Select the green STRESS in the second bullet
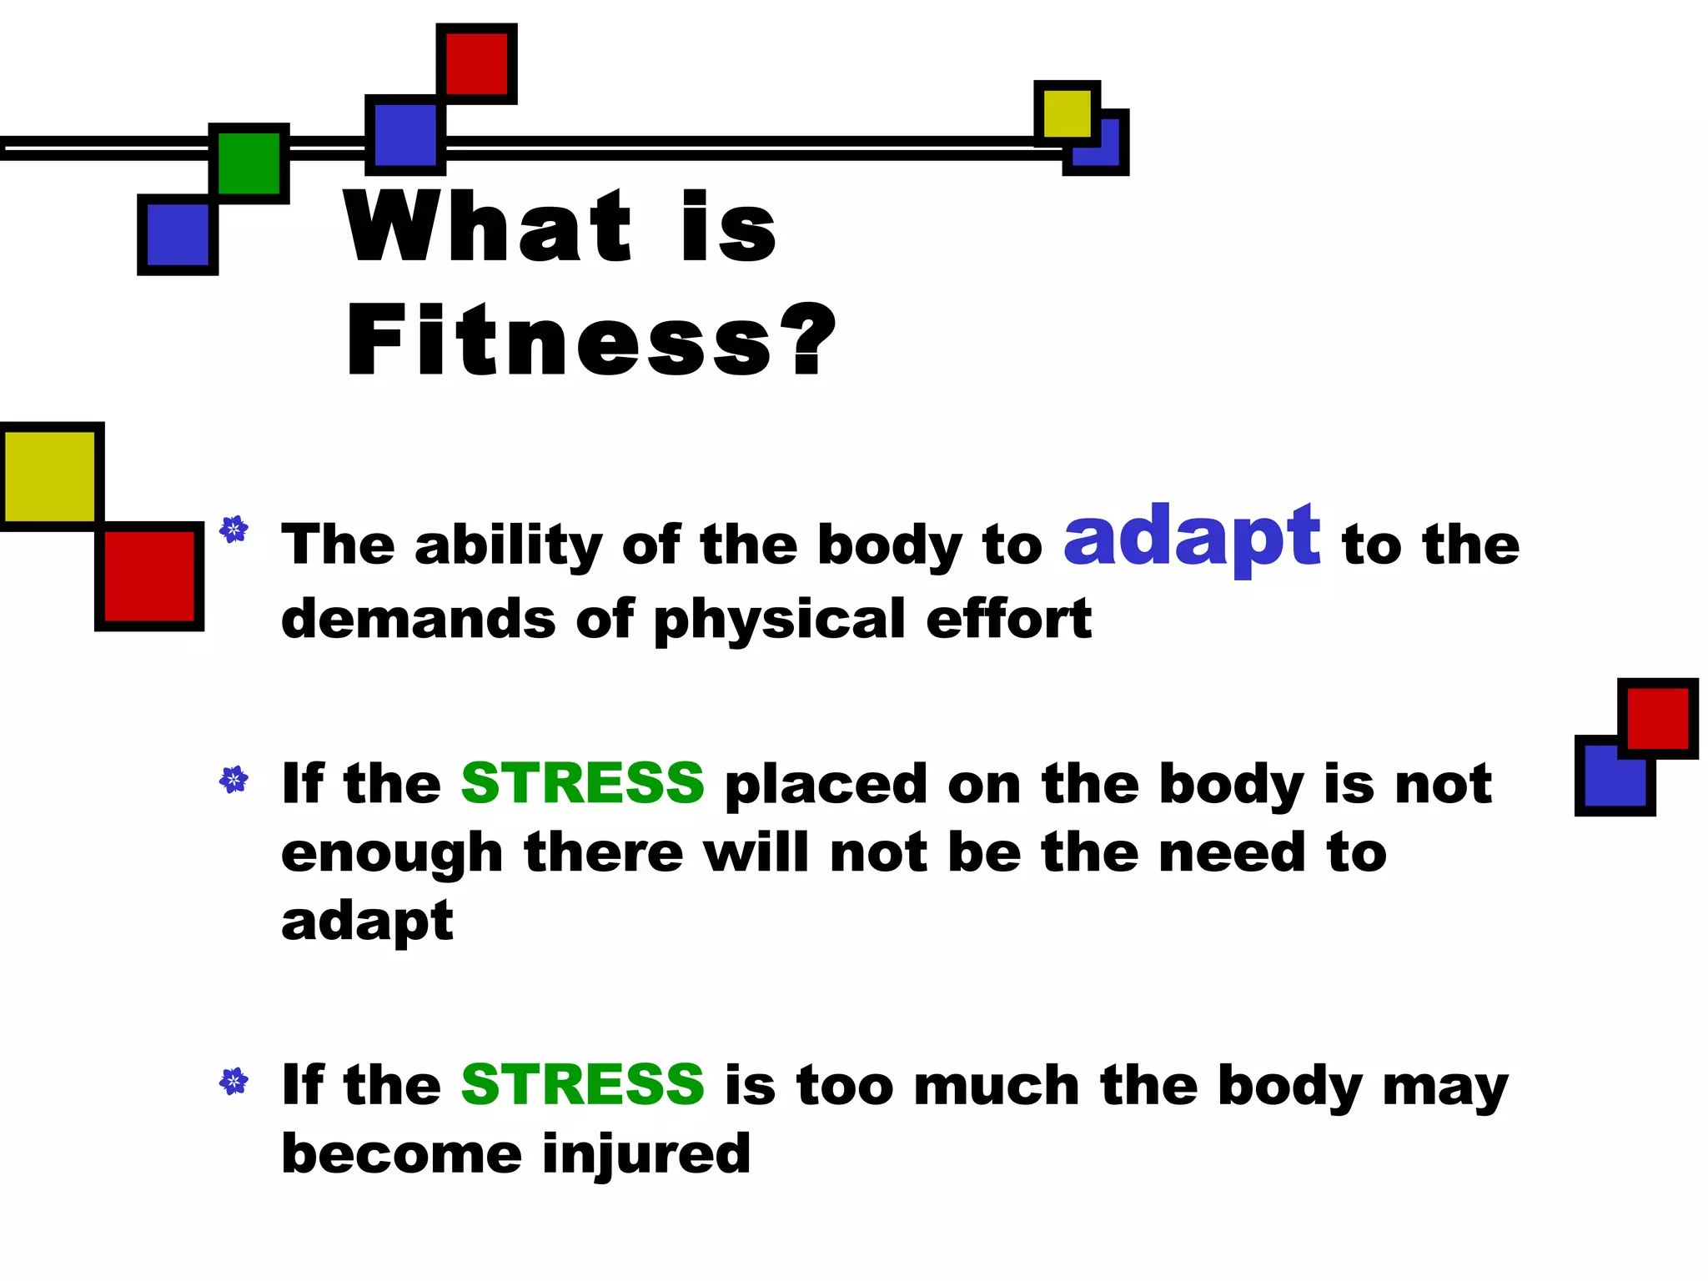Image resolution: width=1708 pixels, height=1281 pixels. pos(582,783)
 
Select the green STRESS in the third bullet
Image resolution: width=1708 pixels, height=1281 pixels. pos(582,1084)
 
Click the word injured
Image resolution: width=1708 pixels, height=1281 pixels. pos(646,1154)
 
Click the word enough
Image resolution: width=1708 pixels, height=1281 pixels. pos(392,854)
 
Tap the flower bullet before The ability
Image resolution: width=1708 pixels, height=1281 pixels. pos(234,530)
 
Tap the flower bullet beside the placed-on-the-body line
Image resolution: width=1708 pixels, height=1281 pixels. pos(234,780)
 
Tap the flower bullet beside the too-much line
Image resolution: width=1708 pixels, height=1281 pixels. pos(234,1082)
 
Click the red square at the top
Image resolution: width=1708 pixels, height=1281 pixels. pos(476,63)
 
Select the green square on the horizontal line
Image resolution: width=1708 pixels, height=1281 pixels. pos(249,163)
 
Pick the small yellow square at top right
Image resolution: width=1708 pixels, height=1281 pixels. pos(1067,113)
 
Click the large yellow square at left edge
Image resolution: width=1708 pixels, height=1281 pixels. pos(50,476)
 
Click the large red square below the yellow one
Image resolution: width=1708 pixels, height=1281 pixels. pos(149,576)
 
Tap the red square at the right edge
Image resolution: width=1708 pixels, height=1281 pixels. pos(1657,718)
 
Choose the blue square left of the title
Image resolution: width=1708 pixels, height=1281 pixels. pos(178,234)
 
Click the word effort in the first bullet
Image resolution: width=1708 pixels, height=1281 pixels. pos(1008,619)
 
